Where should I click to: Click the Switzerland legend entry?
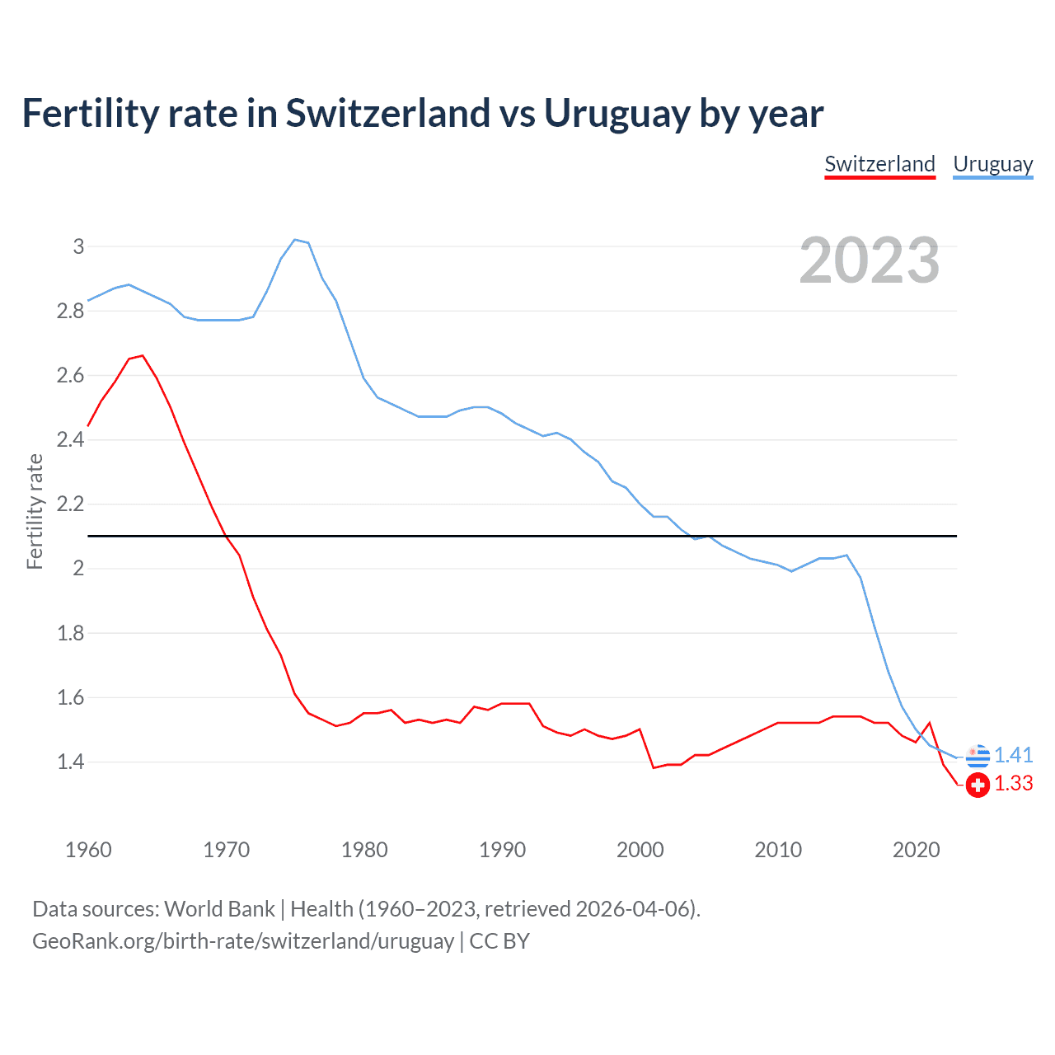[879, 164]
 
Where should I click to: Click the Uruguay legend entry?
[992, 164]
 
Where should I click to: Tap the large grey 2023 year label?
[870, 260]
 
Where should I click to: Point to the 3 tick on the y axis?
[78, 246]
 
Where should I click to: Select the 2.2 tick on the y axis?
[71, 504]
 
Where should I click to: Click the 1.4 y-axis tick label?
[71, 762]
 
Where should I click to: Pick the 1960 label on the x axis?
[88, 850]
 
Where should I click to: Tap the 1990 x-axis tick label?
[502, 850]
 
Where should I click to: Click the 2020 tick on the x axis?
[916, 850]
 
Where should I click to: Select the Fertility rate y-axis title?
[35, 511]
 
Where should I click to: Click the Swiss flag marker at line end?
[978, 785]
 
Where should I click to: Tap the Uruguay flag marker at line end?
[978, 755]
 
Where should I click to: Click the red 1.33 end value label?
[1013, 784]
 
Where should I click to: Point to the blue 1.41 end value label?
[1013, 755]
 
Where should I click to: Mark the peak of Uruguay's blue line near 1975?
[295, 240]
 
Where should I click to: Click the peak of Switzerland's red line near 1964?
[143, 356]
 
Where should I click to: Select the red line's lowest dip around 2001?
[654, 767]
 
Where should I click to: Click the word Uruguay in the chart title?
[617, 114]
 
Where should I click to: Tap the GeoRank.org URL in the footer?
[243, 941]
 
